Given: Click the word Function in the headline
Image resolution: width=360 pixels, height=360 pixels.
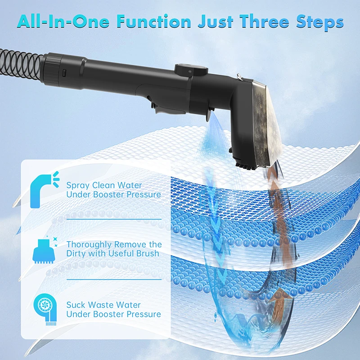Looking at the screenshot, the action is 154,21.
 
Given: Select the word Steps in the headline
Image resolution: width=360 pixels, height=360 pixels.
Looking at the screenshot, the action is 319,22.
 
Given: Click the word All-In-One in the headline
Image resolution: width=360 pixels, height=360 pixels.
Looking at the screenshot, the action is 63,21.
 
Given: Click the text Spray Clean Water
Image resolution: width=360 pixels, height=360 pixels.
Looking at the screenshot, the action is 104,185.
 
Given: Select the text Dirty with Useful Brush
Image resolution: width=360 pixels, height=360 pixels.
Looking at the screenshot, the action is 113,253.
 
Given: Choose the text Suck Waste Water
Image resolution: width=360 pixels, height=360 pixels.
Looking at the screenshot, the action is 103,305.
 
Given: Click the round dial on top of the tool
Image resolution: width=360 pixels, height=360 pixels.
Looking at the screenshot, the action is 191,69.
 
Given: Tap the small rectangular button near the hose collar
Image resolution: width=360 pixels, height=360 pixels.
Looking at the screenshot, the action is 64,73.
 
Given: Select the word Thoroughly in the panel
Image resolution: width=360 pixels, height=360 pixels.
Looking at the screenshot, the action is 88,245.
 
